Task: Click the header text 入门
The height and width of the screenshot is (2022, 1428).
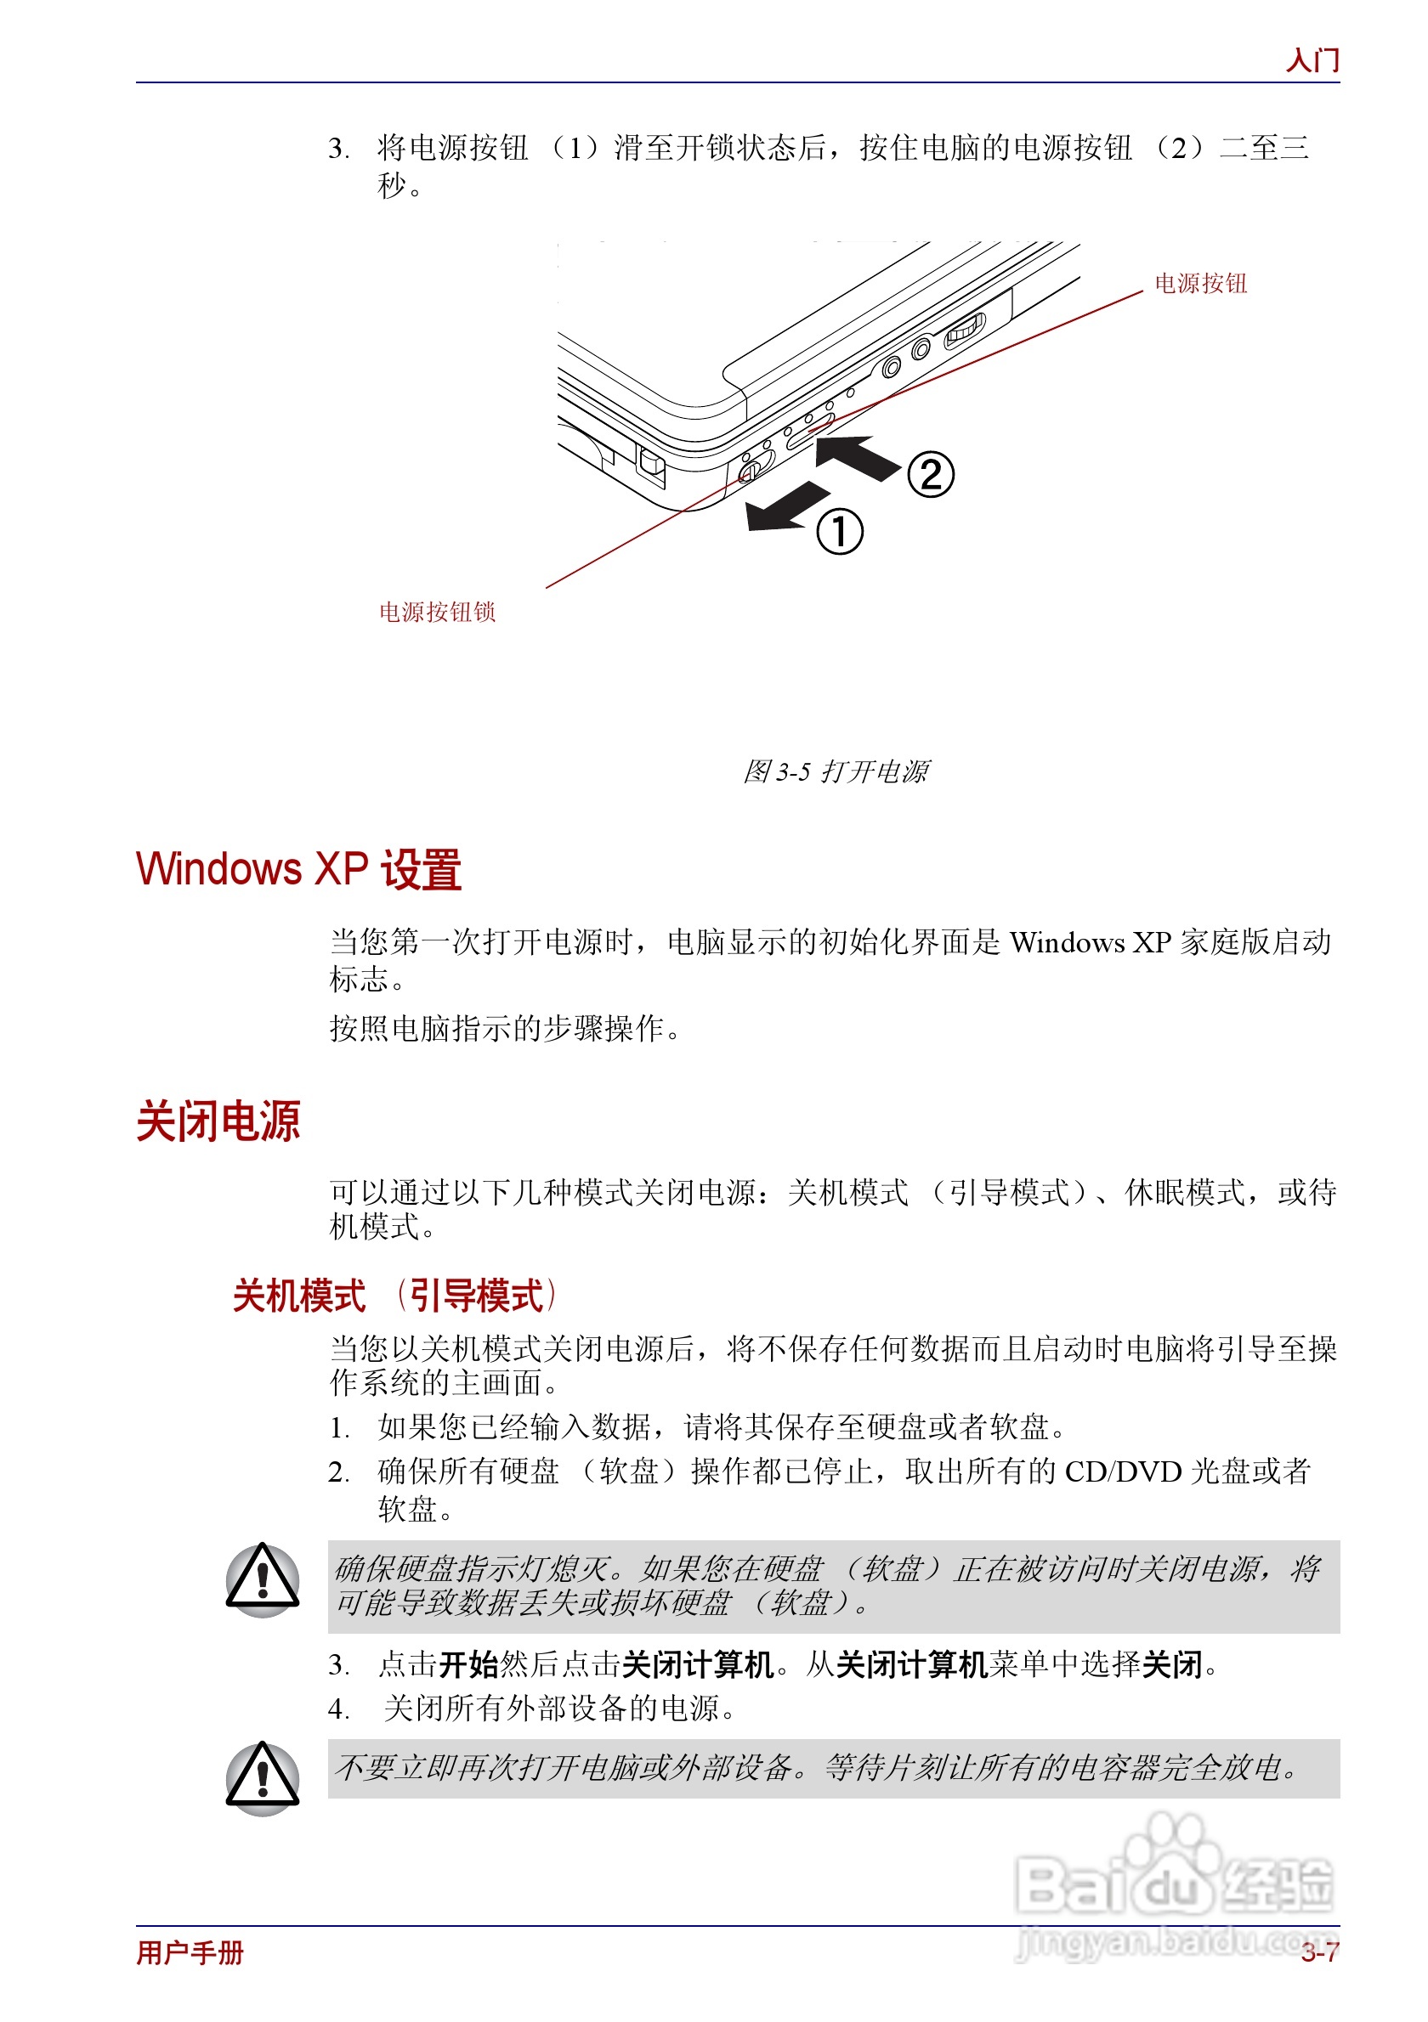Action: click(1312, 59)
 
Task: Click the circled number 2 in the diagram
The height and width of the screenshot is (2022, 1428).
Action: click(930, 475)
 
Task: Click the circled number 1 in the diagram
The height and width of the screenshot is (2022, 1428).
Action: click(839, 532)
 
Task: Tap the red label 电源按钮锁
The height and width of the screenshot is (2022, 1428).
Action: click(437, 612)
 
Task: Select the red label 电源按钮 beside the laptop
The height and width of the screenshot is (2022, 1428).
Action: click(1200, 284)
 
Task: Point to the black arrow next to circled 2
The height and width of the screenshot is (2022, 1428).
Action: click(856, 457)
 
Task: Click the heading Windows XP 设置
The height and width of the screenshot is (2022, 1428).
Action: click(298, 869)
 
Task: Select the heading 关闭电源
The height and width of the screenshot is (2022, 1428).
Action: click(218, 1121)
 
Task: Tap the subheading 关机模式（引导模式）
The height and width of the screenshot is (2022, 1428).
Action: click(394, 1296)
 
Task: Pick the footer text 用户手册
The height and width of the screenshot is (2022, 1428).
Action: click(190, 1952)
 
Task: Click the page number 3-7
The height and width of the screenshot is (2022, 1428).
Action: click(1318, 1952)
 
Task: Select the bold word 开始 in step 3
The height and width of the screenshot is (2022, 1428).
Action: click(468, 1664)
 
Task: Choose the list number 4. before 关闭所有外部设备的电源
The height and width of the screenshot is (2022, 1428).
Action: click(338, 1709)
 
